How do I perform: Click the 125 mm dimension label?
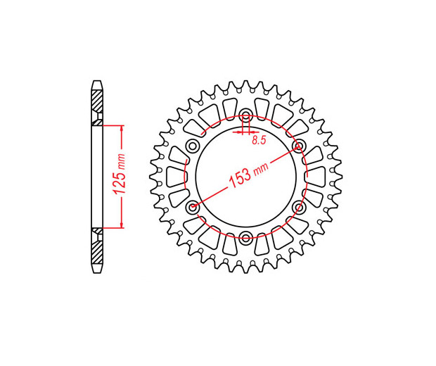pyautogui.click(x=118, y=175)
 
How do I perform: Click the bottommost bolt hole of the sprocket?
pyautogui.click(x=246, y=238)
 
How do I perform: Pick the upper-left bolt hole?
pyautogui.click(x=192, y=146)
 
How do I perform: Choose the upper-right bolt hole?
pyautogui.click(x=300, y=146)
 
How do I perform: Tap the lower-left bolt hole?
pyautogui.click(x=193, y=207)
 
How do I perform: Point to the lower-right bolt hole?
pyautogui.click(x=300, y=207)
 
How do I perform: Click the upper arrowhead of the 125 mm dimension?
pyautogui.click(x=121, y=129)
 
